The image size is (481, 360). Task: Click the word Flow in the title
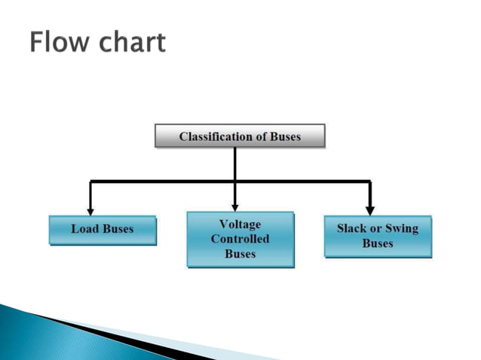point(60,42)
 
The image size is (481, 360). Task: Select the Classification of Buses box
point(240,136)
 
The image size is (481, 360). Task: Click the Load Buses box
point(103,230)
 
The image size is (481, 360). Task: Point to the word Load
point(85,229)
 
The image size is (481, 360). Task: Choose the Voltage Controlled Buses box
point(240,239)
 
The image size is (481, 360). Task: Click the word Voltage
point(240,224)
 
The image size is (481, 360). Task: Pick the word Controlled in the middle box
point(240,239)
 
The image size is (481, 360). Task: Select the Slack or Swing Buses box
point(378,236)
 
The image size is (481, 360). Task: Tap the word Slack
point(351,228)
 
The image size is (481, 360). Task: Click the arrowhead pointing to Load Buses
point(90,210)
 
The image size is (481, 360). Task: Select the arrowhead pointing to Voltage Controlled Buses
point(235,206)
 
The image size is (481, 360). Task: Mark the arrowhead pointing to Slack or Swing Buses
point(369,210)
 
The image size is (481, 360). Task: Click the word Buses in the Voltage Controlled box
point(240,254)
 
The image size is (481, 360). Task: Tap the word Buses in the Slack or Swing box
point(378,243)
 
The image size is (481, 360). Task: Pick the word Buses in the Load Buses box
point(118,229)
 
